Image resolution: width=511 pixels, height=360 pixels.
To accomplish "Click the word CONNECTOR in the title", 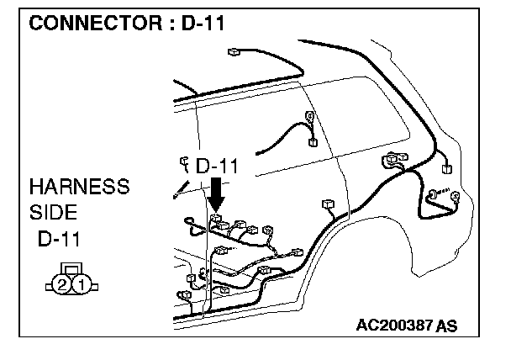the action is tap(96, 24).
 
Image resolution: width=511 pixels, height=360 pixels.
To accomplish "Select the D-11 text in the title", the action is tap(203, 24).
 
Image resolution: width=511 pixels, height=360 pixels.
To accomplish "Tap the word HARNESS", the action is tap(80, 187).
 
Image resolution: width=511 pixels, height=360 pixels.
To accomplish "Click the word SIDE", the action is tap(53, 212).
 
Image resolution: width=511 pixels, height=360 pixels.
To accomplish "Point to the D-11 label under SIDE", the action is tap(59, 239).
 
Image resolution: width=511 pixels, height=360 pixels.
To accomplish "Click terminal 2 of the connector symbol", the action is tap(62, 285).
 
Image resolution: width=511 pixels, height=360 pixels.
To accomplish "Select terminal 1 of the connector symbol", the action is tap(82, 285).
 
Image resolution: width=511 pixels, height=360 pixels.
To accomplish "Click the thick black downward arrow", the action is tap(216, 195).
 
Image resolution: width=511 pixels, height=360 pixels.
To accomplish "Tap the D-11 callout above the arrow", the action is tap(217, 166).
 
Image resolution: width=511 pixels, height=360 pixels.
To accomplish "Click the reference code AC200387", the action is tap(394, 326).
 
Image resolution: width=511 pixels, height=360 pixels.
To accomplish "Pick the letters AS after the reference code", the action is tap(446, 326).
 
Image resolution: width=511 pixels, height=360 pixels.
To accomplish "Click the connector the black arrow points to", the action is tap(216, 218).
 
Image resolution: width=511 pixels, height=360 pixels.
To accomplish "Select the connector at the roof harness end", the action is tap(234, 52).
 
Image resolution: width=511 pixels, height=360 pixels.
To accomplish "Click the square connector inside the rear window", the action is tap(313, 142).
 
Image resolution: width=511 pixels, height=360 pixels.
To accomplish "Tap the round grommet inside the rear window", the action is tap(309, 115).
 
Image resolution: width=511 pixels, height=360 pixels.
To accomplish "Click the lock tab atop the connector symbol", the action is tap(71, 268).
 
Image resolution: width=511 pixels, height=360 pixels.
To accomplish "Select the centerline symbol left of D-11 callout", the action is tap(185, 165).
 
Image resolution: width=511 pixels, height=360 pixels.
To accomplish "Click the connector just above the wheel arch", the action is tap(328, 204).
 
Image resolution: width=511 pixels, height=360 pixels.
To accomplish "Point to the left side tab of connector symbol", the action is tap(50, 287).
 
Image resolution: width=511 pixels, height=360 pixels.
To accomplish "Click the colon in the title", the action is tap(172, 24).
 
